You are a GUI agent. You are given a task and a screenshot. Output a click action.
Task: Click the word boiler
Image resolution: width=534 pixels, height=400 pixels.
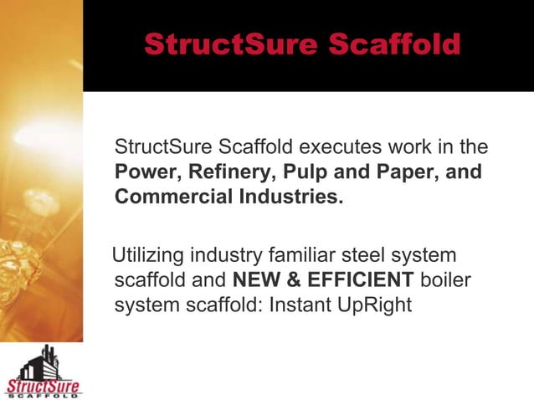pos(444,279)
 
